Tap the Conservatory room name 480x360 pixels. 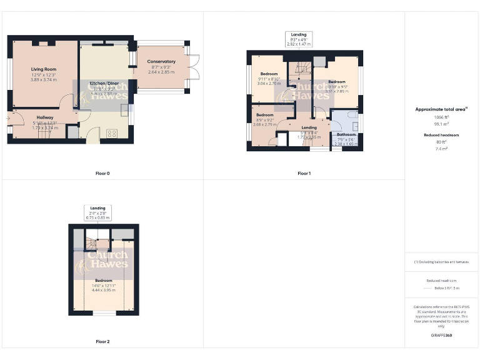161,62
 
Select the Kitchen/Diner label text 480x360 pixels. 104,83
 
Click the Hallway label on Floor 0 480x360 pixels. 44,117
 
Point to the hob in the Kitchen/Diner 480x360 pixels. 113,132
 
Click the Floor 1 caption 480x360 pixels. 304,172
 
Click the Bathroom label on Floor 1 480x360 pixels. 346,134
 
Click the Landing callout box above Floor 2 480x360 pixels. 99,212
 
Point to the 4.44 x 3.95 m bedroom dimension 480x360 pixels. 103,290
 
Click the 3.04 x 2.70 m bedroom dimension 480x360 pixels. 269,83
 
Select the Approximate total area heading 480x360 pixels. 441,109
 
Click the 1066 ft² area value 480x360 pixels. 441,117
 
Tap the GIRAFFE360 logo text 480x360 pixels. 441,336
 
